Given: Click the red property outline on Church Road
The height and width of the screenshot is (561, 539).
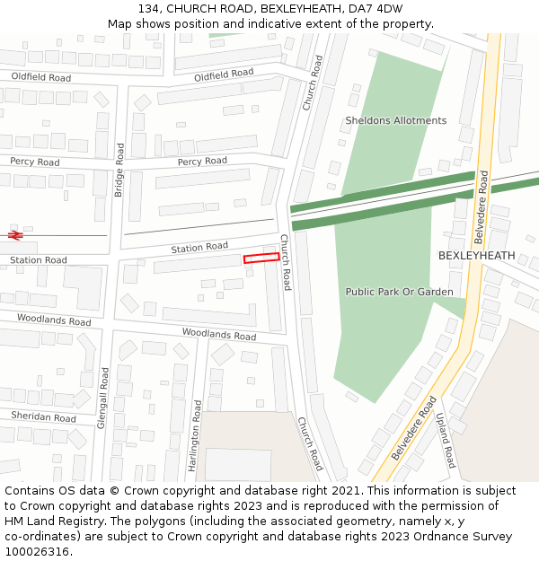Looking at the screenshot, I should pyautogui.click(x=261, y=258).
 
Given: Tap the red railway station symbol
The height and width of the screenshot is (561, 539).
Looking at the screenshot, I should pyautogui.click(x=14, y=235).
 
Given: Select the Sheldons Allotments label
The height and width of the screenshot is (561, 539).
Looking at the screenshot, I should pyautogui.click(x=395, y=120).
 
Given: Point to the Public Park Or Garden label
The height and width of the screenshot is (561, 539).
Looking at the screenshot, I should pyautogui.click(x=399, y=292).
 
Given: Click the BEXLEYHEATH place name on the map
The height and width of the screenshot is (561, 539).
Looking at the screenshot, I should pyautogui.click(x=476, y=256).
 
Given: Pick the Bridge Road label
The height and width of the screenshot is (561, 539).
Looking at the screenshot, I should pyautogui.click(x=119, y=169).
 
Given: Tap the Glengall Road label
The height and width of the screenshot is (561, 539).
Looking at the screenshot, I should pyautogui.click(x=103, y=397).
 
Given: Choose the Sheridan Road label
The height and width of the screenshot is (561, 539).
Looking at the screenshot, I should pyautogui.click(x=43, y=416).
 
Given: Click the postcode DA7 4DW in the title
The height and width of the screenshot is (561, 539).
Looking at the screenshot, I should pyautogui.click(x=376, y=8).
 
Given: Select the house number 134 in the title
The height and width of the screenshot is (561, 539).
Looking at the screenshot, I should pyautogui.click(x=148, y=8).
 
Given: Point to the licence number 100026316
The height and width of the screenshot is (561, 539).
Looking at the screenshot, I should pyautogui.click(x=36, y=552).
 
